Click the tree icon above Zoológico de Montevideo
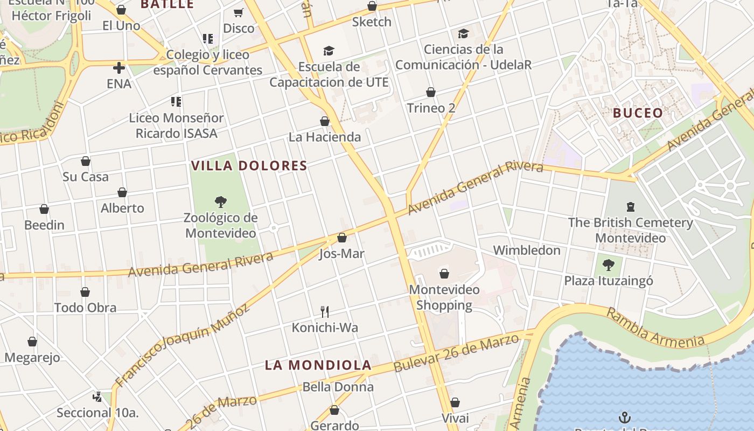pyautogui.click(x=220, y=203)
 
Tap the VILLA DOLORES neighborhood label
pyautogui.click(x=249, y=166)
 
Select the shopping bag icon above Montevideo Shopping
pyautogui.click(x=444, y=274)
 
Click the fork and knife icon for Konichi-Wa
pyautogui.click(x=325, y=311)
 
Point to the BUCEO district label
pyautogui.click(x=638, y=113)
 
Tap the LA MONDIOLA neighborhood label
pyautogui.click(x=318, y=365)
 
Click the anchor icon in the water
pyautogui.click(x=625, y=417)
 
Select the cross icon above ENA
pyautogui.click(x=119, y=68)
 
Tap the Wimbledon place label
pyautogui.click(x=527, y=251)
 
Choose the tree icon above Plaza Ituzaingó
pyautogui.click(x=609, y=265)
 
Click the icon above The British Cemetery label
pyautogui.click(x=630, y=206)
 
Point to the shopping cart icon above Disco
pyautogui.click(x=238, y=12)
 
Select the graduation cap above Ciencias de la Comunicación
pyautogui.click(x=463, y=34)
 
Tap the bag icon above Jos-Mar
pyautogui.click(x=341, y=238)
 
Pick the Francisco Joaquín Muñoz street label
pyautogui.click(x=183, y=342)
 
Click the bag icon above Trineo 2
pyautogui.click(x=431, y=92)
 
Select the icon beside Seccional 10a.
pyautogui.click(x=97, y=397)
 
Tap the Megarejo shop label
pyautogui.click(x=32, y=358)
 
